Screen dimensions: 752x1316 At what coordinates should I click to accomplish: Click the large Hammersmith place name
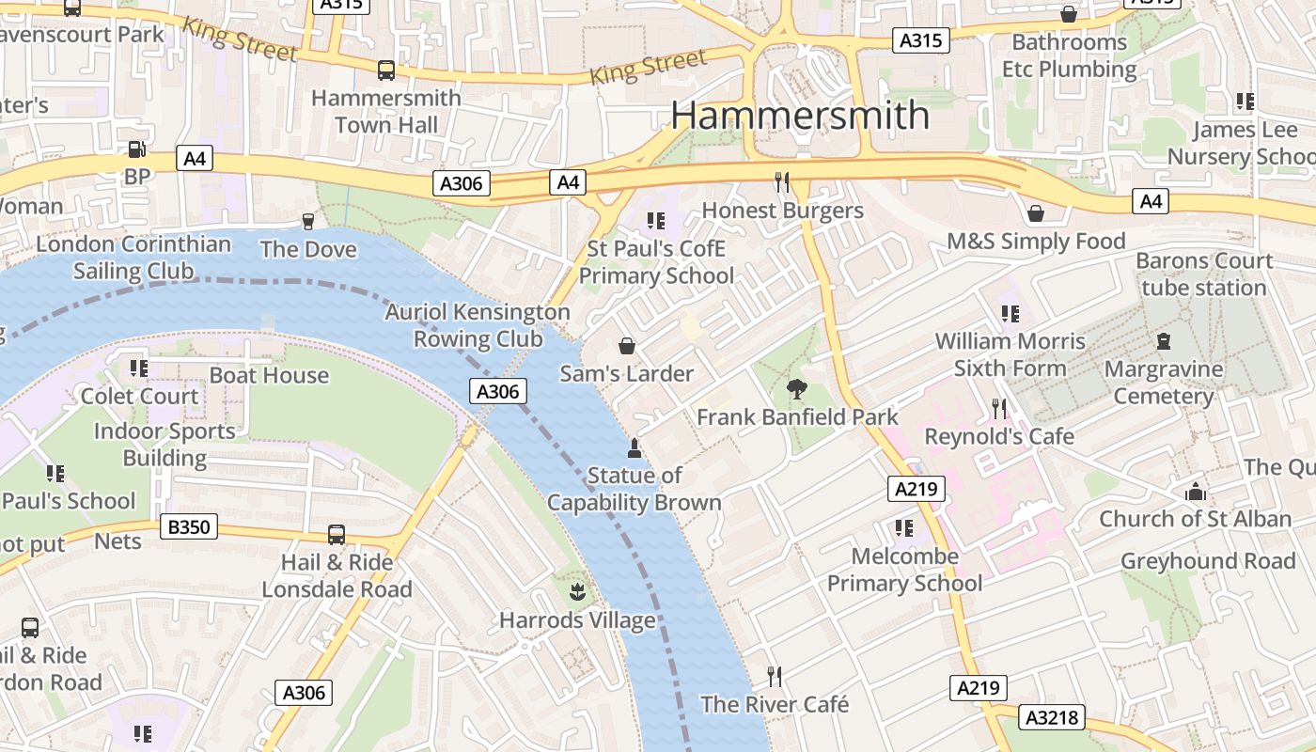click(x=800, y=116)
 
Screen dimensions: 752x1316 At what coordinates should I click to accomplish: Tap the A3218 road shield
click(x=1053, y=718)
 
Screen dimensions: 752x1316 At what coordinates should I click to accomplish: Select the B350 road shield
click(x=189, y=527)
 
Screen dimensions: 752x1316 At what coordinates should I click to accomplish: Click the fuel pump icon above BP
click(x=136, y=149)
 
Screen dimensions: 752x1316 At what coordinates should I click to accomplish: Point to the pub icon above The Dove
click(x=307, y=221)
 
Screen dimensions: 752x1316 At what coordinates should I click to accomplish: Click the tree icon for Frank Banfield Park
click(x=797, y=387)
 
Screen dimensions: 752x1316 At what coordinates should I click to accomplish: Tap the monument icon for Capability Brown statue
click(x=634, y=447)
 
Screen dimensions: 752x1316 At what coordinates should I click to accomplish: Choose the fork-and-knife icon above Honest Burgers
click(x=782, y=180)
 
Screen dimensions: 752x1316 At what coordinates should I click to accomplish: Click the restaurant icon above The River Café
click(x=774, y=676)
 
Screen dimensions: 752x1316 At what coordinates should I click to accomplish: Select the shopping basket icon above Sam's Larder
click(x=626, y=346)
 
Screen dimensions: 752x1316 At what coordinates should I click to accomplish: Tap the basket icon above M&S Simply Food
click(x=1035, y=213)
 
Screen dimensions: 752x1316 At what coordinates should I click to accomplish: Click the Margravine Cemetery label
click(x=1164, y=383)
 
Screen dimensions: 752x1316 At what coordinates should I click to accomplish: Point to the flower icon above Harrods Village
click(x=577, y=592)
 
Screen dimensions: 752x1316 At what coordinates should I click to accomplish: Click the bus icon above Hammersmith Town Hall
click(x=385, y=70)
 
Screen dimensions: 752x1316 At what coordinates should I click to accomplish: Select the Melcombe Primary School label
click(x=904, y=570)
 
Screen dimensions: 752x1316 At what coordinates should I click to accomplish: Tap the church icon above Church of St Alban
click(x=1195, y=491)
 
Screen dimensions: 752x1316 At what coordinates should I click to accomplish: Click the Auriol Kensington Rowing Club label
click(x=478, y=325)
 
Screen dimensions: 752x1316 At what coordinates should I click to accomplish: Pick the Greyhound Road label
click(x=1208, y=561)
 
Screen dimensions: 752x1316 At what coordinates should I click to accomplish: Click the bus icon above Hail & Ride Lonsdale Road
click(x=336, y=535)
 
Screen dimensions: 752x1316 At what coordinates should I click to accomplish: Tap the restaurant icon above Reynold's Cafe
click(x=999, y=408)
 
